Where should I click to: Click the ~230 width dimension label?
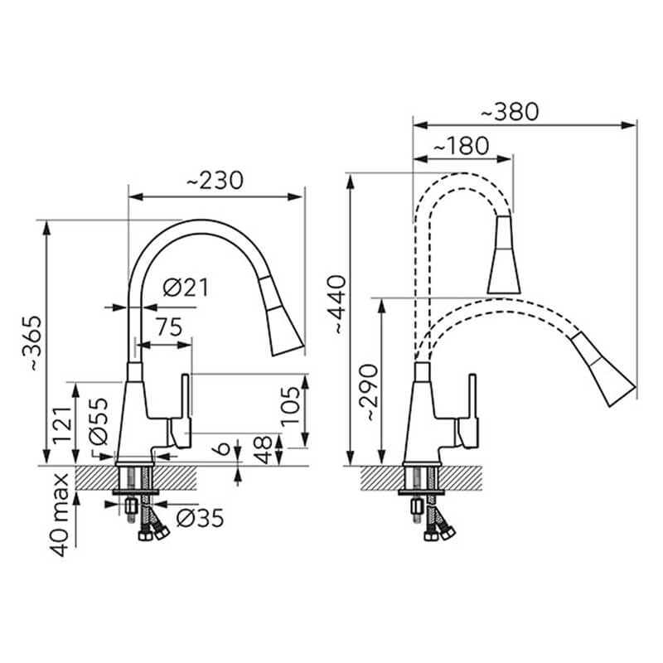[x=215, y=181]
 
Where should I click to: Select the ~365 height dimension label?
[x=31, y=343]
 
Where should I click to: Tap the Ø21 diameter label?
[x=186, y=288]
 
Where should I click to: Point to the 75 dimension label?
[x=169, y=327]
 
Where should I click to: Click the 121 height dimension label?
[x=61, y=424]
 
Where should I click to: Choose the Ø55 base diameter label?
[x=99, y=421]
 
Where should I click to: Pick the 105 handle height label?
[x=291, y=406]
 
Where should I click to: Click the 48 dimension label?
[x=263, y=450]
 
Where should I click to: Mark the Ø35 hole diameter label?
[x=200, y=519]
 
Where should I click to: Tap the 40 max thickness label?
[x=59, y=515]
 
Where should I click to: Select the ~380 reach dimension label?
[x=510, y=112]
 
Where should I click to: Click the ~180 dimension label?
[x=461, y=146]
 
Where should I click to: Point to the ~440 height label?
[x=338, y=304]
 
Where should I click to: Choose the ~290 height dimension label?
[x=367, y=391]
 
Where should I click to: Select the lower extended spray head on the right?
[x=605, y=368]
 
